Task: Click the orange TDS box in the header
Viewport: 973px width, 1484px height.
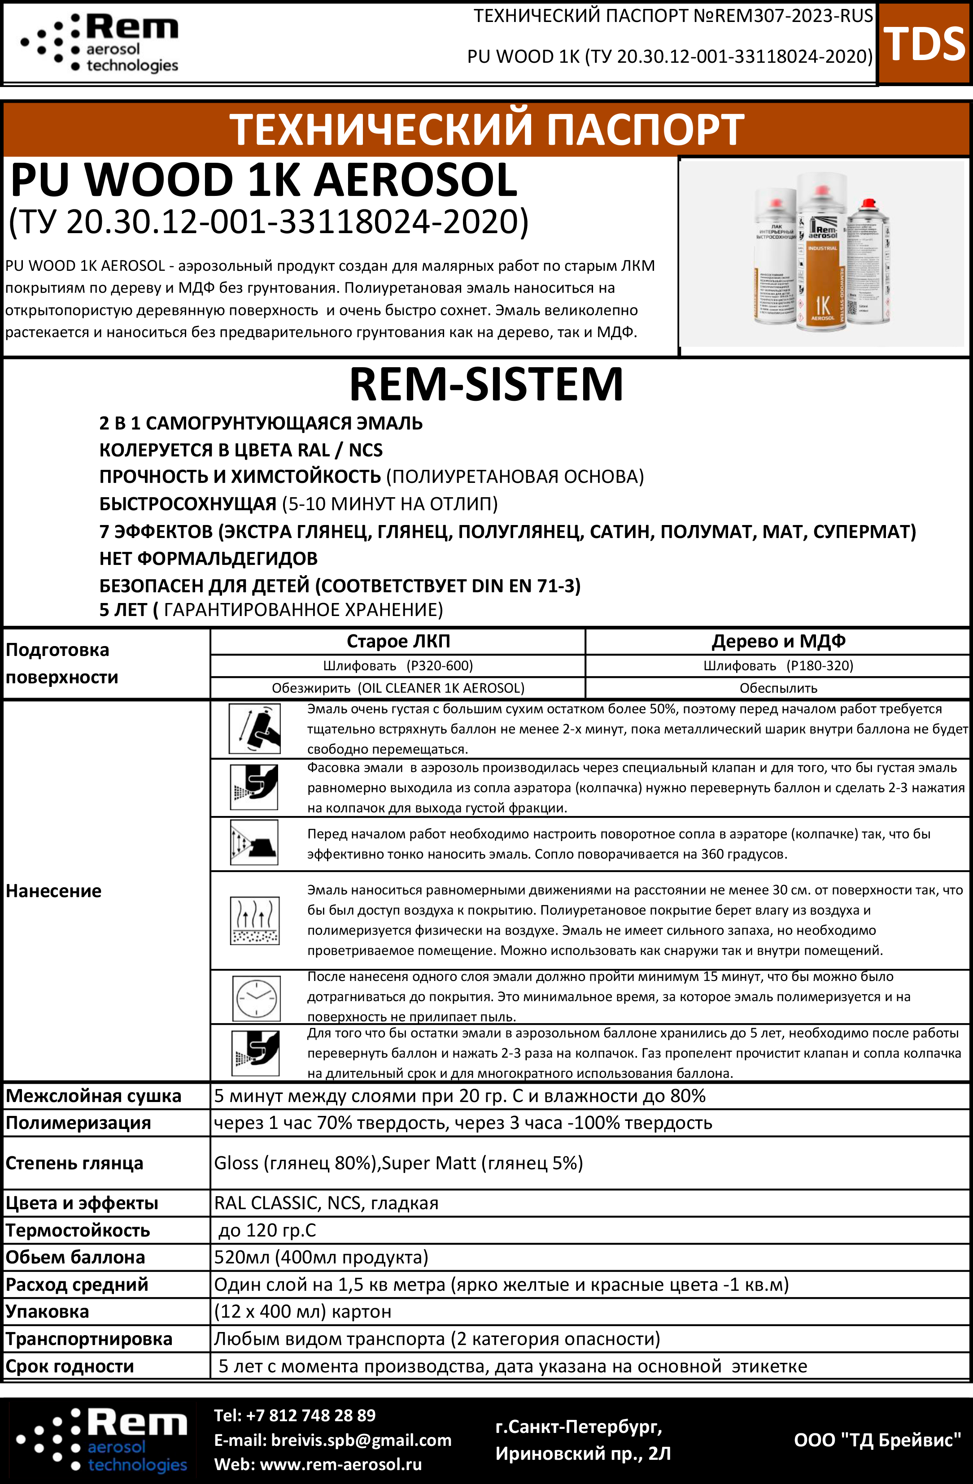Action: (925, 43)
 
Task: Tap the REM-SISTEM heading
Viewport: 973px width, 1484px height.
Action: (486, 384)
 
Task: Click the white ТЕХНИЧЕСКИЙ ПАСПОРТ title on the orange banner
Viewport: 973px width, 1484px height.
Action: (486, 129)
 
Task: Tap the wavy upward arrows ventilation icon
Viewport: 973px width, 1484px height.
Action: (254, 920)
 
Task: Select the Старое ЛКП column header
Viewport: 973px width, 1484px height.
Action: (398, 641)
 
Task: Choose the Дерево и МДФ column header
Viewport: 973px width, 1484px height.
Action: (778, 641)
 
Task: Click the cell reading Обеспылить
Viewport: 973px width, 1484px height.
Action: (778, 688)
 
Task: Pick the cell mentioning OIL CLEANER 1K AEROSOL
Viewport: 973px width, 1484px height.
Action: (398, 688)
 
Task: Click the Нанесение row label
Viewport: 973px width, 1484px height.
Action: (54, 891)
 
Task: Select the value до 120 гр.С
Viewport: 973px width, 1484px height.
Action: (267, 1230)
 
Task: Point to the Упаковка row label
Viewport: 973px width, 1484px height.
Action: (48, 1311)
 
